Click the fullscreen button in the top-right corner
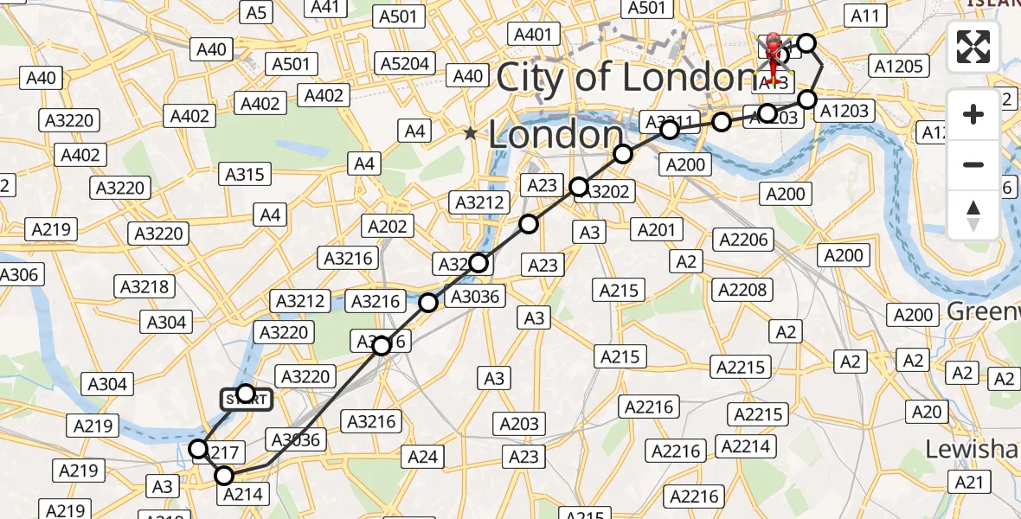[973, 47]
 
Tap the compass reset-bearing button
[973, 215]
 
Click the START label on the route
[247, 399]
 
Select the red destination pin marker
[772, 52]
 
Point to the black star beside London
[470, 133]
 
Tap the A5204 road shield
[405, 63]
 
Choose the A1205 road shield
[901, 66]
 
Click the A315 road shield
[244, 174]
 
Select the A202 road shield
[387, 226]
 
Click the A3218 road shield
[146, 286]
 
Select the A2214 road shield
[746, 445]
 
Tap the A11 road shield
[864, 16]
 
